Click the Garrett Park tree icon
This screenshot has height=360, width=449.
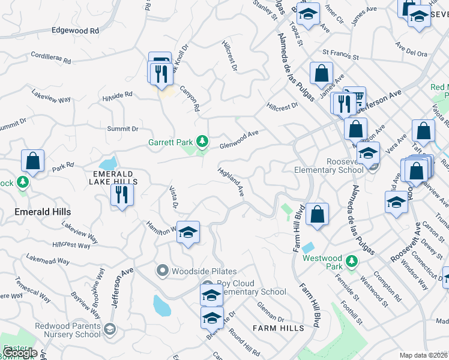[203, 142]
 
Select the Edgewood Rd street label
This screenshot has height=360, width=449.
[75, 30]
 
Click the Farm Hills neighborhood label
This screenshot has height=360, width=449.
[278, 328]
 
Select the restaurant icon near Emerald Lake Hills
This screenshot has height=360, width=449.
[122, 194]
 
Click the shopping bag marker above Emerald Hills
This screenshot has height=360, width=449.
[32, 161]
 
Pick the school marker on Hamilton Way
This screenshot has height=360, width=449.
[188, 232]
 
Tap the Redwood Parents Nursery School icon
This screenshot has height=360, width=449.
[110, 329]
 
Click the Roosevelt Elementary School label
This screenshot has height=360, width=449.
[327, 166]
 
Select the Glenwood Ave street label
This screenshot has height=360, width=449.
[238, 140]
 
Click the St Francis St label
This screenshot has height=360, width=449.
[340, 55]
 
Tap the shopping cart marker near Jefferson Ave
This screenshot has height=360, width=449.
[357, 96]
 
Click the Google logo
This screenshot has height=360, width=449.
[20, 353]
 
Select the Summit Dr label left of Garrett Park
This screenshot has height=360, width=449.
[122, 128]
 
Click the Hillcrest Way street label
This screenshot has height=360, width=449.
[71, 245]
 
